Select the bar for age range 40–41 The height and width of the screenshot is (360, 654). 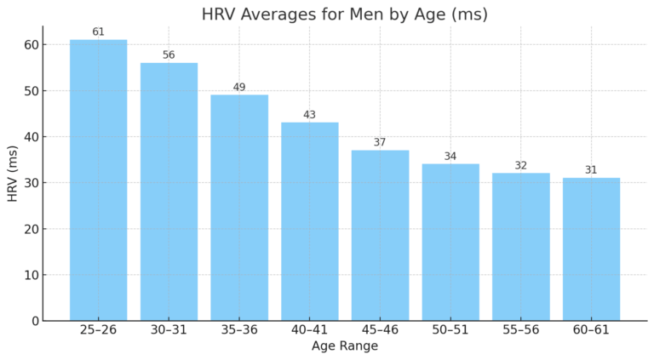click(x=310, y=221)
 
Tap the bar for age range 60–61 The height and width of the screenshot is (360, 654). click(x=591, y=249)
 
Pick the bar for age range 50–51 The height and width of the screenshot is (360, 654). click(x=450, y=243)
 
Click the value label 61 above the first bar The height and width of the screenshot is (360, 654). click(x=98, y=32)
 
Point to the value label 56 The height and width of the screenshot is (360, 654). click(x=169, y=55)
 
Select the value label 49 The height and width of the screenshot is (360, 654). click(x=239, y=88)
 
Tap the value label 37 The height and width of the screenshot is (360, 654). click(x=380, y=142)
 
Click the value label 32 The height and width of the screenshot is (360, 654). click(x=521, y=166)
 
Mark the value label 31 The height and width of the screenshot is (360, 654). click(x=591, y=170)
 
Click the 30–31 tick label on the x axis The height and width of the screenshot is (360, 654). click(x=169, y=330)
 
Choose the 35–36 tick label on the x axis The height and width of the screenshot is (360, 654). click(x=239, y=330)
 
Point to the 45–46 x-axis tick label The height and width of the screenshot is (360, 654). click(x=380, y=330)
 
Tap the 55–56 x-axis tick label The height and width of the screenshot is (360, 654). click(x=521, y=330)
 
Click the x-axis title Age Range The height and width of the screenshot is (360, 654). click(x=344, y=346)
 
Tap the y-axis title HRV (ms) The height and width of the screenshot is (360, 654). click(x=13, y=174)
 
